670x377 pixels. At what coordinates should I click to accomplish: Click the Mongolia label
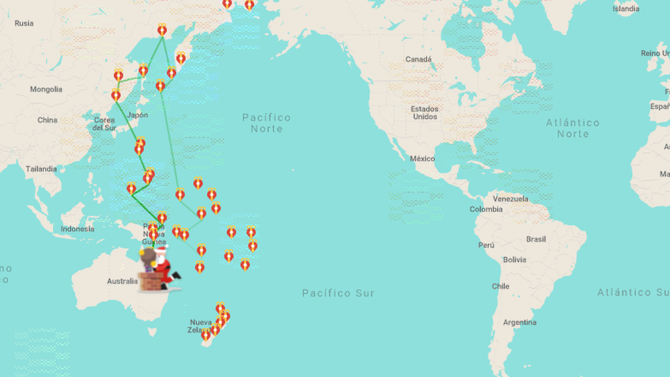[x=46, y=89]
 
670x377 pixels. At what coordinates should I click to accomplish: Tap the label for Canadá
[x=418, y=59]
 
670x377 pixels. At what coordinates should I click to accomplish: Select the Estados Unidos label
[x=424, y=113]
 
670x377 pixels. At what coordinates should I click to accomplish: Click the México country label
[x=422, y=159]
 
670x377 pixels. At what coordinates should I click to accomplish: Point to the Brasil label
[x=536, y=239]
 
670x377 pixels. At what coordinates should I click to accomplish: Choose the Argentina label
[x=519, y=323]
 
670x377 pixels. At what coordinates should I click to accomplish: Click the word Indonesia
[x=78, y=229]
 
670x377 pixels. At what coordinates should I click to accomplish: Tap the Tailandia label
[x=41, y=169]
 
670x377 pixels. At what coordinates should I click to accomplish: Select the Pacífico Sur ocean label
[x=338, y=293]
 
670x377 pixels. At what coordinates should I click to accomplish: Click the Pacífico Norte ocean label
[x=266, y=123]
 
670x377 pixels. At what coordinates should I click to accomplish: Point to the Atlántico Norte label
[x=573, y=128]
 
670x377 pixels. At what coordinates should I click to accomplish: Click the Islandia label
[x=626, y=9]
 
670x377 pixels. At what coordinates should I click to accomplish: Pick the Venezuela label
[x=510, y=199]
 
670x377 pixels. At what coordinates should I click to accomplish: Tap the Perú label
[x=486, y=245]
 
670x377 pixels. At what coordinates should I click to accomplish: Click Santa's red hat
[x=160, y=250]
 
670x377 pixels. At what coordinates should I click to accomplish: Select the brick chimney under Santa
[x=150, y=281]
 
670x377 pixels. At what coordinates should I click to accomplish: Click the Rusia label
[x=24, y=23]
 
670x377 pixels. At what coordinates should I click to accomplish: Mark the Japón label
[x=137, y=115]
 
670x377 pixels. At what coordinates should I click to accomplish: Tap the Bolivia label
[x=514, y=260]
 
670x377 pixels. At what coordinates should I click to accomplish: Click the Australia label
[x=122, y=281]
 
